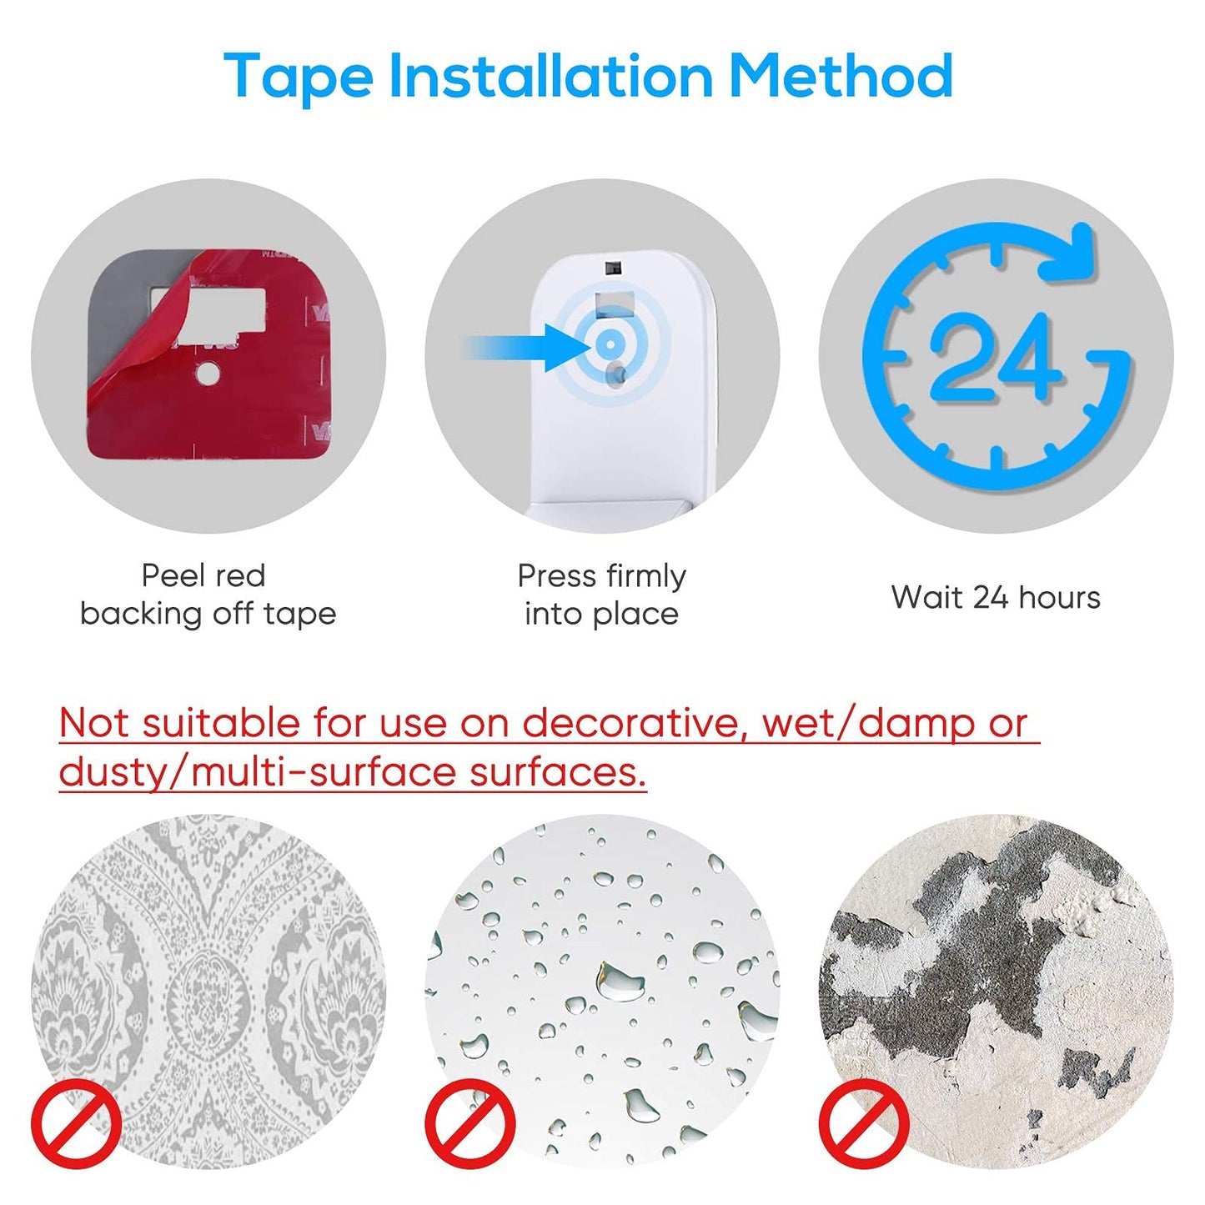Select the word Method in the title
[x=841, y=75]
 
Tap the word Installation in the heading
[x=551, y=75]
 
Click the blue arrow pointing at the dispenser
[x=526, y=347]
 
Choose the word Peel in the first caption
[x=168, y=575]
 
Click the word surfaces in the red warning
[x=558, y=773]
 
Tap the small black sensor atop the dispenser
[x=611, y=268]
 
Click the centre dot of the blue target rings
[x=607, y=343]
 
